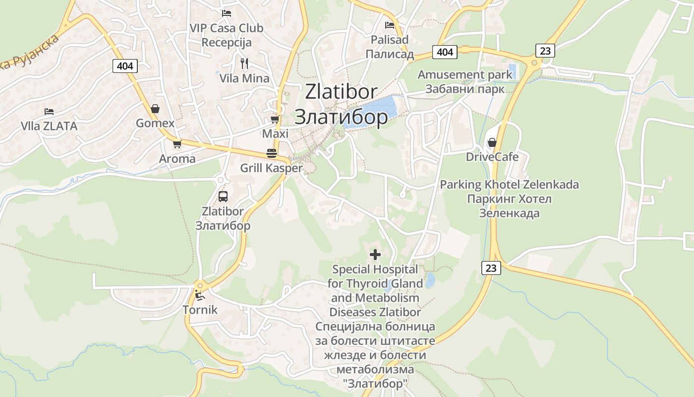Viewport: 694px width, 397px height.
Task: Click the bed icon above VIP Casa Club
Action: pos(227,13)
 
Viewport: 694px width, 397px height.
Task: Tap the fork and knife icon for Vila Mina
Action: pos(244,64)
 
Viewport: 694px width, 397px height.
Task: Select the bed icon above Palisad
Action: pos(390,25)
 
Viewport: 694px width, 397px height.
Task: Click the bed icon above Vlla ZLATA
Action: pos(49,111)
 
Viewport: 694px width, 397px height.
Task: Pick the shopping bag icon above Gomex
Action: pos(155,109)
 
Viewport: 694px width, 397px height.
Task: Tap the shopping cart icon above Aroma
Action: pos(177,144)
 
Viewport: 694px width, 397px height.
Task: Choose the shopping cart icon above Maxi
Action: pos(275,120)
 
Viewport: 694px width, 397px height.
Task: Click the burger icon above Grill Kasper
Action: pos(271,153)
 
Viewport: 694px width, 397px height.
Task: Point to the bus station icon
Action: pos(223,196)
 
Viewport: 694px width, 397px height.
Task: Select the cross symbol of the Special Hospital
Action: pos(375,255)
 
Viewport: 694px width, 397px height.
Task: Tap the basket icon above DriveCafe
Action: pos(492,143)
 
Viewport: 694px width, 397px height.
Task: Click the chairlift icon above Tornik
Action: pos(200,296)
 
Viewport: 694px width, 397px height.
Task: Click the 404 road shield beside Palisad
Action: pos(445,52)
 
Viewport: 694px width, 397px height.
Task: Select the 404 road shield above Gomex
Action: pos(125,66)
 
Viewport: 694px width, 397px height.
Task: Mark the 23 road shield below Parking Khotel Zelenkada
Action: pos(491,268)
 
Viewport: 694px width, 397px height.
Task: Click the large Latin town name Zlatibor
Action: pos(341,92)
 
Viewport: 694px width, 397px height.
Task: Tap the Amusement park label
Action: pos(465,75)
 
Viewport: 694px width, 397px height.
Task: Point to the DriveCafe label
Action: pos(492,157)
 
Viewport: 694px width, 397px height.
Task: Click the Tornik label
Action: pos(200,310)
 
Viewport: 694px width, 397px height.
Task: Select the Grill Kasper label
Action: pos(271,168)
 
